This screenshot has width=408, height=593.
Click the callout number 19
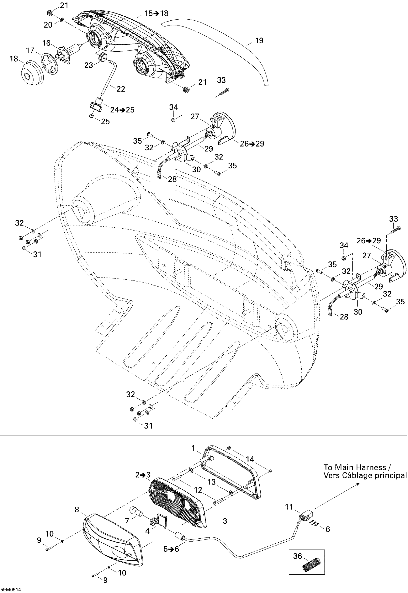[259, 41]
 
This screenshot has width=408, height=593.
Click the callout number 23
[88, 65]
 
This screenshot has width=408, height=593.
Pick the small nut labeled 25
[91, 116]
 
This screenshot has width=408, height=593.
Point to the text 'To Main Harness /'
[357, 468]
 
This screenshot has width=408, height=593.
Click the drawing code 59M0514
[10, 590]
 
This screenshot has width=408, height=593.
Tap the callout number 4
[147, 531]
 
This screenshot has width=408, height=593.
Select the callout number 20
[48, 25]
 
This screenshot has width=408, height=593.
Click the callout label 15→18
[157, 13]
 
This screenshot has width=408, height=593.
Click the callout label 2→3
[143, 475]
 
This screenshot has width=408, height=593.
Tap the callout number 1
[193, 448]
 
